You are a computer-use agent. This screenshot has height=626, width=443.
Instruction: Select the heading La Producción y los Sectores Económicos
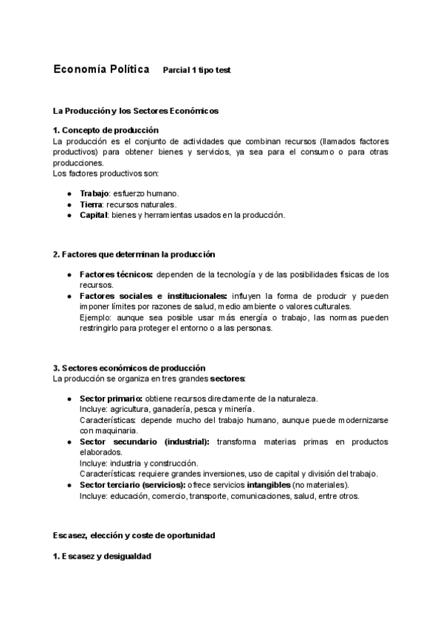click(136, 111)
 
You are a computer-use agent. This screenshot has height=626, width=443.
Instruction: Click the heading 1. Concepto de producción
click(106, 130)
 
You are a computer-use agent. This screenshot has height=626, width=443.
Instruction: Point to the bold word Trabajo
click(94, 193)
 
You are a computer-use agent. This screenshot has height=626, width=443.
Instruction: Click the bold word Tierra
click(91, 204)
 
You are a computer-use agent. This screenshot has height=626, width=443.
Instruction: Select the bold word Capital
click(94, 215)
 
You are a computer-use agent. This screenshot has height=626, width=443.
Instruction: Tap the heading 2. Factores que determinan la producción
click(134, 254)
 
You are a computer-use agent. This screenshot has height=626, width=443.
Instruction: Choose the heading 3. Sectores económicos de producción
click(129, 368)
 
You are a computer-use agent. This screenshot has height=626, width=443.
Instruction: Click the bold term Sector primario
click(111, 399)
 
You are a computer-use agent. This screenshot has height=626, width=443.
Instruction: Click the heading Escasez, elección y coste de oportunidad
click(134, 535)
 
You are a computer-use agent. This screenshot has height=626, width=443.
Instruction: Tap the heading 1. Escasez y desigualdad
click(102, 556)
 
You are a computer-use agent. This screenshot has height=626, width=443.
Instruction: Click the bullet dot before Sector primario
click(69, 399)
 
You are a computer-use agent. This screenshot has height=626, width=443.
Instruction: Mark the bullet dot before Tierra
click(69, 204)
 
